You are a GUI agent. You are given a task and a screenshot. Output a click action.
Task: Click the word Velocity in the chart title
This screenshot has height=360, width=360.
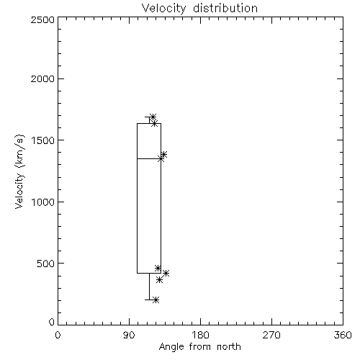163,9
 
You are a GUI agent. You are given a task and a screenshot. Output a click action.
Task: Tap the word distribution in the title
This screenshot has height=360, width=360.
225,8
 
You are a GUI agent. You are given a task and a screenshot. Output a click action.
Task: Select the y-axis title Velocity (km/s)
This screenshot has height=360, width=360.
19,171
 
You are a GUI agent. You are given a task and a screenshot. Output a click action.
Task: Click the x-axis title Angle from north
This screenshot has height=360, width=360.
200,347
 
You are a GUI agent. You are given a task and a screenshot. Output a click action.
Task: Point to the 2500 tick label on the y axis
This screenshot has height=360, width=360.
42,19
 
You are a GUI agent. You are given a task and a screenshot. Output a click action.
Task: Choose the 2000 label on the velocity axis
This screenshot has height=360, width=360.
42,78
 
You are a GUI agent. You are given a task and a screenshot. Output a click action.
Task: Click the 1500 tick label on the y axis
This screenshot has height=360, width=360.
43,140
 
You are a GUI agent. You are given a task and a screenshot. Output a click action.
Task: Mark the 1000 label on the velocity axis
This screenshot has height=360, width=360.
43,202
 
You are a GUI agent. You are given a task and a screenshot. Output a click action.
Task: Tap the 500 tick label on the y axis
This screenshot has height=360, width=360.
46,264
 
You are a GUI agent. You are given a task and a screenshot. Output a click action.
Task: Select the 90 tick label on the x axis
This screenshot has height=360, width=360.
129,335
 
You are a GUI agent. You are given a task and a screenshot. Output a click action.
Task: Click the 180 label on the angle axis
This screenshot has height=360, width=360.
200,335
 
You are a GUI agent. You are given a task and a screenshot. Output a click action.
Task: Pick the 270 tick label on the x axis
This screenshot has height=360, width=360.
271,335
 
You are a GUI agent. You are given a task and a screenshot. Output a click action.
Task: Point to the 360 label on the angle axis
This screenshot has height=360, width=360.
343,335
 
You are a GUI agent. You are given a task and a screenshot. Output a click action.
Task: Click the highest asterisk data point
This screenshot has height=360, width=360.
153,117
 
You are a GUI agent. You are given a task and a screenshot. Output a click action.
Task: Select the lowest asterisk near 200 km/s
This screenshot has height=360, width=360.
156,300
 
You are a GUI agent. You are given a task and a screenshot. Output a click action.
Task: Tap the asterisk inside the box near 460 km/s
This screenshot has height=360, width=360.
158,268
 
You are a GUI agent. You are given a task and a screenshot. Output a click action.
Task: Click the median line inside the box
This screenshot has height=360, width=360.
149,158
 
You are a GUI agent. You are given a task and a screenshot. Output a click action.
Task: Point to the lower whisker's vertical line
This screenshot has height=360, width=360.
149,287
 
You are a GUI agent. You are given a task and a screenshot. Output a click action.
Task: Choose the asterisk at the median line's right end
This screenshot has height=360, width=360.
161,158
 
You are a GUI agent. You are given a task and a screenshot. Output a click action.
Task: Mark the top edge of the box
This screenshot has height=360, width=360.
149,123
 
